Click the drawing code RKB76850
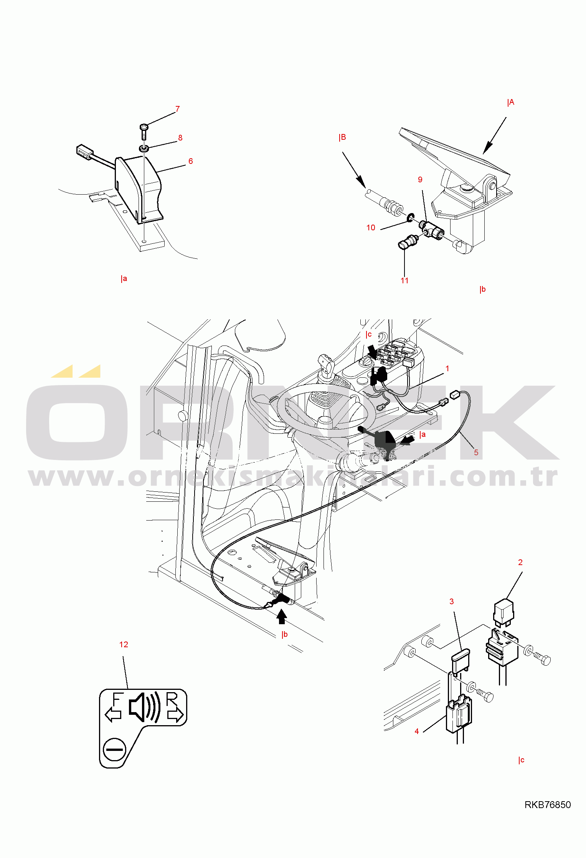click(547, 805)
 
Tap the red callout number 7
click(177, 109)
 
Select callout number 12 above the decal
click(124, 645)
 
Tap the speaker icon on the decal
click(144, 708)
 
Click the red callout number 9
click(420, 180)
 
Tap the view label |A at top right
click(510, 102)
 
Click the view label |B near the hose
click(342, 137)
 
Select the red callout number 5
click(476, 453)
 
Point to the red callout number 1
click(447, 369)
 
